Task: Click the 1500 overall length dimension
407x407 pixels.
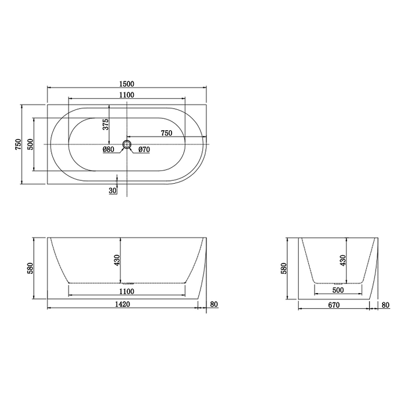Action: [127, 84]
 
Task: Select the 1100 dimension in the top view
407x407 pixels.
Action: [127, 95]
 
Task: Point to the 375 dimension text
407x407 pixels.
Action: [106, 124]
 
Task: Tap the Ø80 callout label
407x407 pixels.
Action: [109, 149]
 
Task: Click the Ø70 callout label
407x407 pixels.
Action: [144, 149]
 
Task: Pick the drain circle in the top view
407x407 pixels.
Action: [127, 144]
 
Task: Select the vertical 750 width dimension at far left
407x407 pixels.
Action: [18, 144]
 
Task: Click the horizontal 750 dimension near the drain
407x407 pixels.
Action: [166, 133]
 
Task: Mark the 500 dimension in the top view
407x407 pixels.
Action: [30, 144]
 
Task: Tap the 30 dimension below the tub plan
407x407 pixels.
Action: [113, 191]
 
